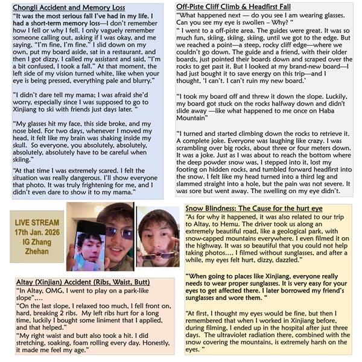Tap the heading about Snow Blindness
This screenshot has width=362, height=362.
[254, 208]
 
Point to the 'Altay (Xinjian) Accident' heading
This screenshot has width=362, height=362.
[61, 282]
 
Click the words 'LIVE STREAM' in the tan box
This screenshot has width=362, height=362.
[37, 223]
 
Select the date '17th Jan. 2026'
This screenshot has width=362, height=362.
[37, 232]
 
